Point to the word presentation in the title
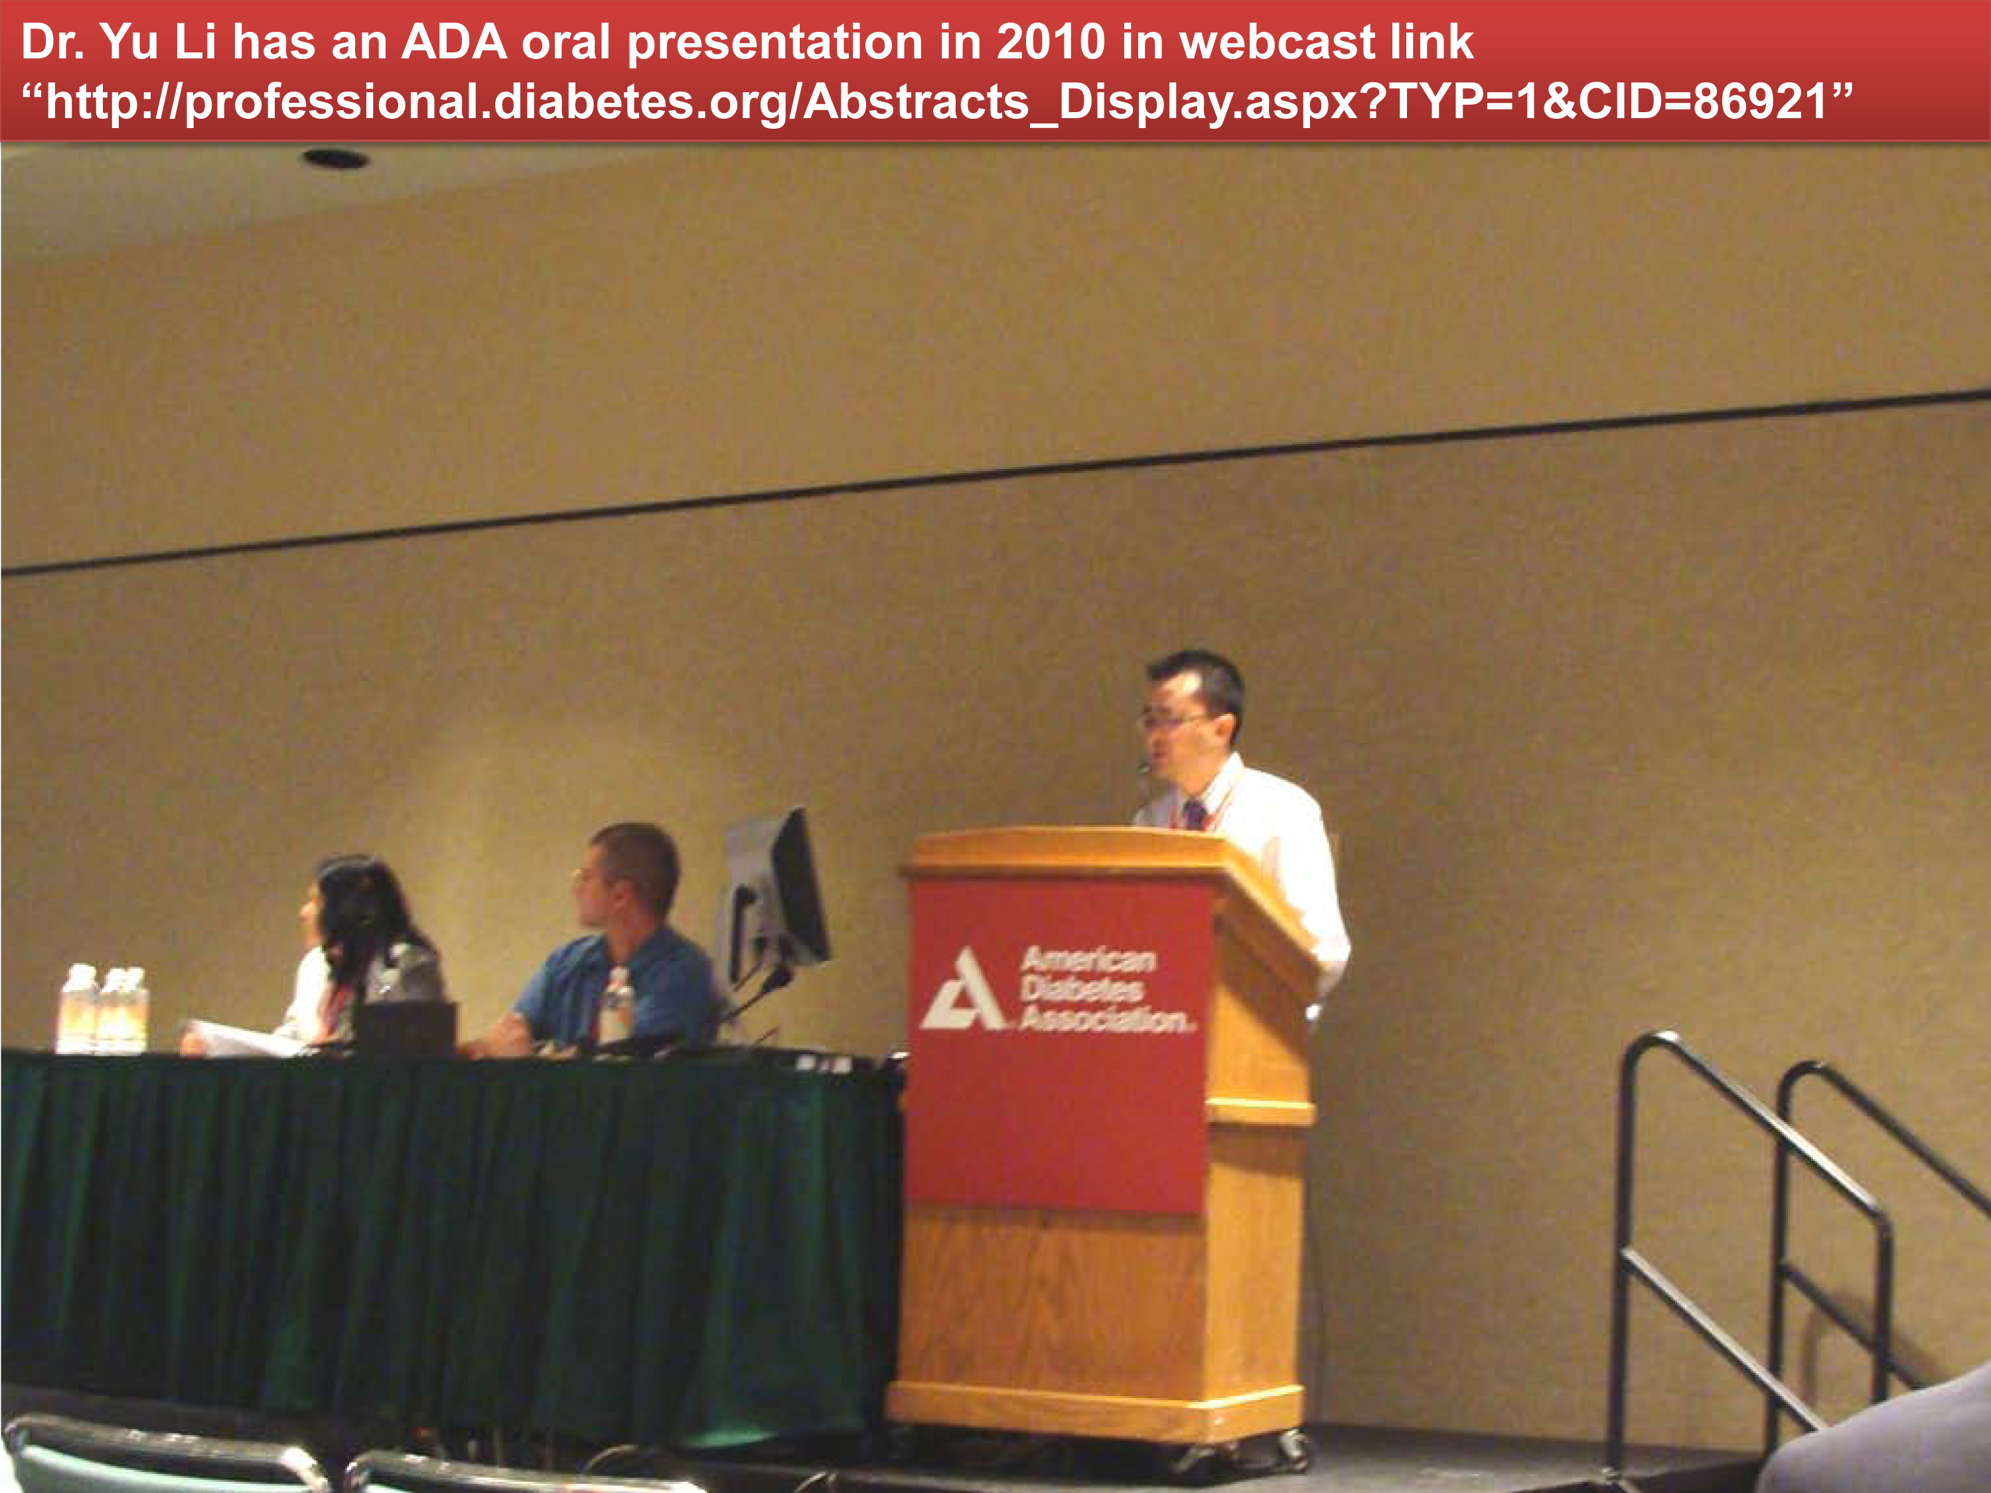point(773,43)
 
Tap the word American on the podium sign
point(1088,960)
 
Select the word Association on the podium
point(1106,1018)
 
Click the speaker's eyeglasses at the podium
point(1172,720)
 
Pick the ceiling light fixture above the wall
point(336,159)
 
